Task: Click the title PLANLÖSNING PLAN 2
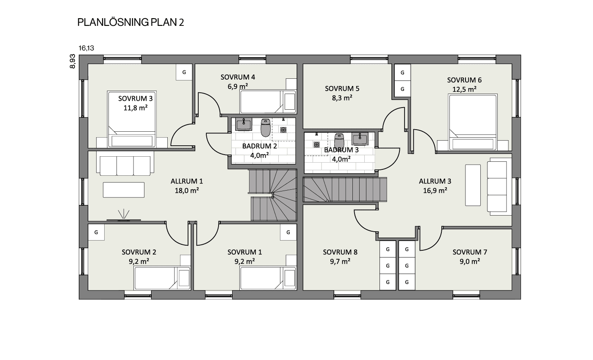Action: point(130,22)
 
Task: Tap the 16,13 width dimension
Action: point(86,48)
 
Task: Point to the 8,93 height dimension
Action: point(72,61)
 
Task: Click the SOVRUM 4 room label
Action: point(238,77)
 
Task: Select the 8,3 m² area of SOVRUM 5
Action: point(342,98)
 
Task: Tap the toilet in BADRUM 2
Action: point(265,127)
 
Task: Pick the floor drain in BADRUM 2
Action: point(283,130)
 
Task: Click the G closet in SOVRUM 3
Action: point(184,72)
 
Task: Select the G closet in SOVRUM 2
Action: point(96,233)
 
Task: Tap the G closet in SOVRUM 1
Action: point(288,233)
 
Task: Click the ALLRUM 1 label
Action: point(187,181)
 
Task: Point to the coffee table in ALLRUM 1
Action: point(124,190)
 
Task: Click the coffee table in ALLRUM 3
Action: point(473,186)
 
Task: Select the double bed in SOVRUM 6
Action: point(473,122)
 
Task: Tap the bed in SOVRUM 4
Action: point(268,102)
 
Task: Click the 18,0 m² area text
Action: point(187,191)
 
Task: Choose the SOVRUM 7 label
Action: point(470,252)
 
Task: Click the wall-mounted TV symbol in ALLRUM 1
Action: point(124,220)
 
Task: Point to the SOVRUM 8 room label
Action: point(340,252)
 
